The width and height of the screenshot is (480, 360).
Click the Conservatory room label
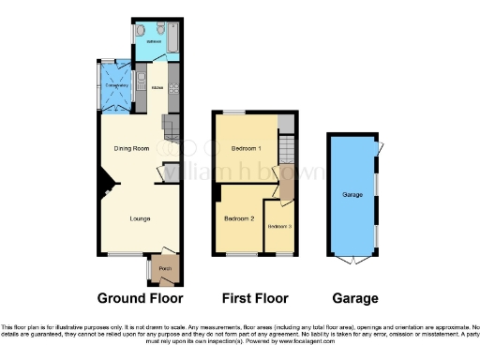coord(116,86)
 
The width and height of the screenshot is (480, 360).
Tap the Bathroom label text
coord(153,42)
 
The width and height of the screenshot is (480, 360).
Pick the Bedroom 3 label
coord(279,227)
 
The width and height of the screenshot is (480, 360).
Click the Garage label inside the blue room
coord(352,195)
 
